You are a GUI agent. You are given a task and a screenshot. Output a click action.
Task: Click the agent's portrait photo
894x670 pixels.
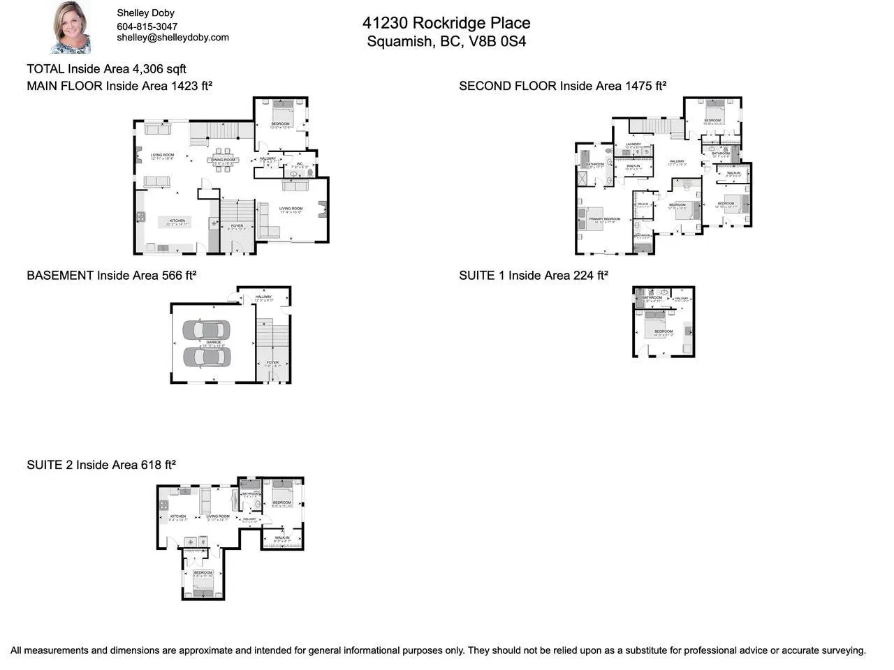pos(71,28)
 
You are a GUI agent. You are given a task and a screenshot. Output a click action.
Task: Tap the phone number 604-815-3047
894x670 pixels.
pos(147,27)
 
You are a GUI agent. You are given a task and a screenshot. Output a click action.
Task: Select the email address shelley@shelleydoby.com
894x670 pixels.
pos(173,38)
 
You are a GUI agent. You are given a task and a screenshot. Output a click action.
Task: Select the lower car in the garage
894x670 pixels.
pos(206,357)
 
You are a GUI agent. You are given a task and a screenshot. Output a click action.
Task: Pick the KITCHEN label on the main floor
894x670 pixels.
pos(177,221)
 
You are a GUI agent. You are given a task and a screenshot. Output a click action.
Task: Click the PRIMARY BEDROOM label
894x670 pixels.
pos(604,219)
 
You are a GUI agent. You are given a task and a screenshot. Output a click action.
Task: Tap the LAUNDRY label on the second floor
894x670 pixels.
pos(633,144)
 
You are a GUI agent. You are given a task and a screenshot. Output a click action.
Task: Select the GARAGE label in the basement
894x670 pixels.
pos(213,342)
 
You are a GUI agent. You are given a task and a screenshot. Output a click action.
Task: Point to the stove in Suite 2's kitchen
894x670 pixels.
pos(163,504)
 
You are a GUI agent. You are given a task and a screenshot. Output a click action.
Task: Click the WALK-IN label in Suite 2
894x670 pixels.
pos(282,537)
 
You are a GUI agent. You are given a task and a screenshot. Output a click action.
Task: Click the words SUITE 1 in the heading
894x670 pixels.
pos(482,276)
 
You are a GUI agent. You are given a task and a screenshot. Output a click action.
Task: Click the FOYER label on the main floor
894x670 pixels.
pos(237,225)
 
